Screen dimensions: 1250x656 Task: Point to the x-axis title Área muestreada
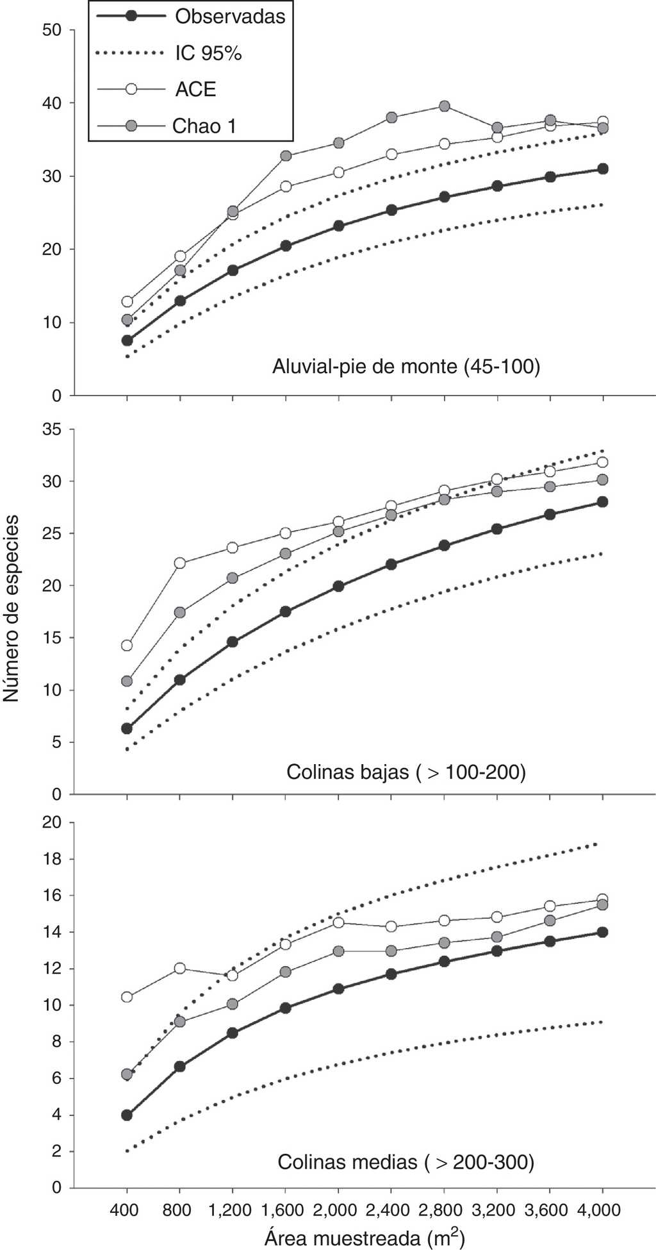(364, 1237)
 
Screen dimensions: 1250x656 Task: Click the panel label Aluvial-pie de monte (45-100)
(406, 367)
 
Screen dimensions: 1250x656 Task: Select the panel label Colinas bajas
(406, 771)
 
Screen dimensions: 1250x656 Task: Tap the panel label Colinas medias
(406, 1162)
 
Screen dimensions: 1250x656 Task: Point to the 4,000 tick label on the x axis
(602, 1210)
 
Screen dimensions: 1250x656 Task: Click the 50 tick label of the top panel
(53, 30)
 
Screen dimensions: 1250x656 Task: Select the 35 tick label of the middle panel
(53, 429)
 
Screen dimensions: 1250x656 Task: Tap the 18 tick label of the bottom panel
(53, 859)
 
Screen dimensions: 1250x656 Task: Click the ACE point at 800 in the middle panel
(180, 563)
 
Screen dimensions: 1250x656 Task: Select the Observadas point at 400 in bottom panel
(127, 1115)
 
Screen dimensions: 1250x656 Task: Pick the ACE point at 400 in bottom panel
(127, 997)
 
